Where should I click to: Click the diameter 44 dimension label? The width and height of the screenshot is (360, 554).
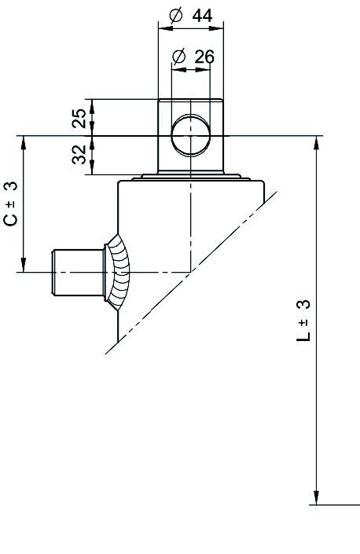click(191, 16)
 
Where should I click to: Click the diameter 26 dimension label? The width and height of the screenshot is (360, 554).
click(193, 57)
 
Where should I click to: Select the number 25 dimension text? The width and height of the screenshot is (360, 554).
click(79, 118)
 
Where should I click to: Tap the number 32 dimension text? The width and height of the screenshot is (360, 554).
click(79, 154)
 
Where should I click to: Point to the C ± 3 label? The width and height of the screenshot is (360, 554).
click(10, 204)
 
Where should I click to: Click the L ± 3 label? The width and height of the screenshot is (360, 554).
click(303, 321)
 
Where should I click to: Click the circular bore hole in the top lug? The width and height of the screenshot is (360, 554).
click(191, 135)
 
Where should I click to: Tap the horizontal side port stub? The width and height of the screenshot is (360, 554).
click(78, 273)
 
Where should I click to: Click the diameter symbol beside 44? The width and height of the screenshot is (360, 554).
click(176, 16)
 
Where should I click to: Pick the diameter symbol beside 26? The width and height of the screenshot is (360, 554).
click(179, 57)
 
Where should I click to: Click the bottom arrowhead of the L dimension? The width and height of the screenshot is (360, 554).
click(317, 497)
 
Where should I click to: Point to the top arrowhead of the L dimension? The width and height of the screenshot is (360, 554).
click(317, 143)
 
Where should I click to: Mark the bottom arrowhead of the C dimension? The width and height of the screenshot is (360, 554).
click(24, 265)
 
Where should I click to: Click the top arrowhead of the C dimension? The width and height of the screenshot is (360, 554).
click(24, 143)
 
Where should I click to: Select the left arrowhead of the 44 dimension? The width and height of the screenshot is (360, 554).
click(166, 28)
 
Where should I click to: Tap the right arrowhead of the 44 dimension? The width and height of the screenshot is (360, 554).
click(216, 28)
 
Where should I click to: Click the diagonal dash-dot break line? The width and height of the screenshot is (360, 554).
click(191, 273)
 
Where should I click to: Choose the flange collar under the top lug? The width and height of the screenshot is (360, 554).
click(191, 177)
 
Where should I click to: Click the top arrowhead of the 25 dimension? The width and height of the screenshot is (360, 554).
click(92, 106)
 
